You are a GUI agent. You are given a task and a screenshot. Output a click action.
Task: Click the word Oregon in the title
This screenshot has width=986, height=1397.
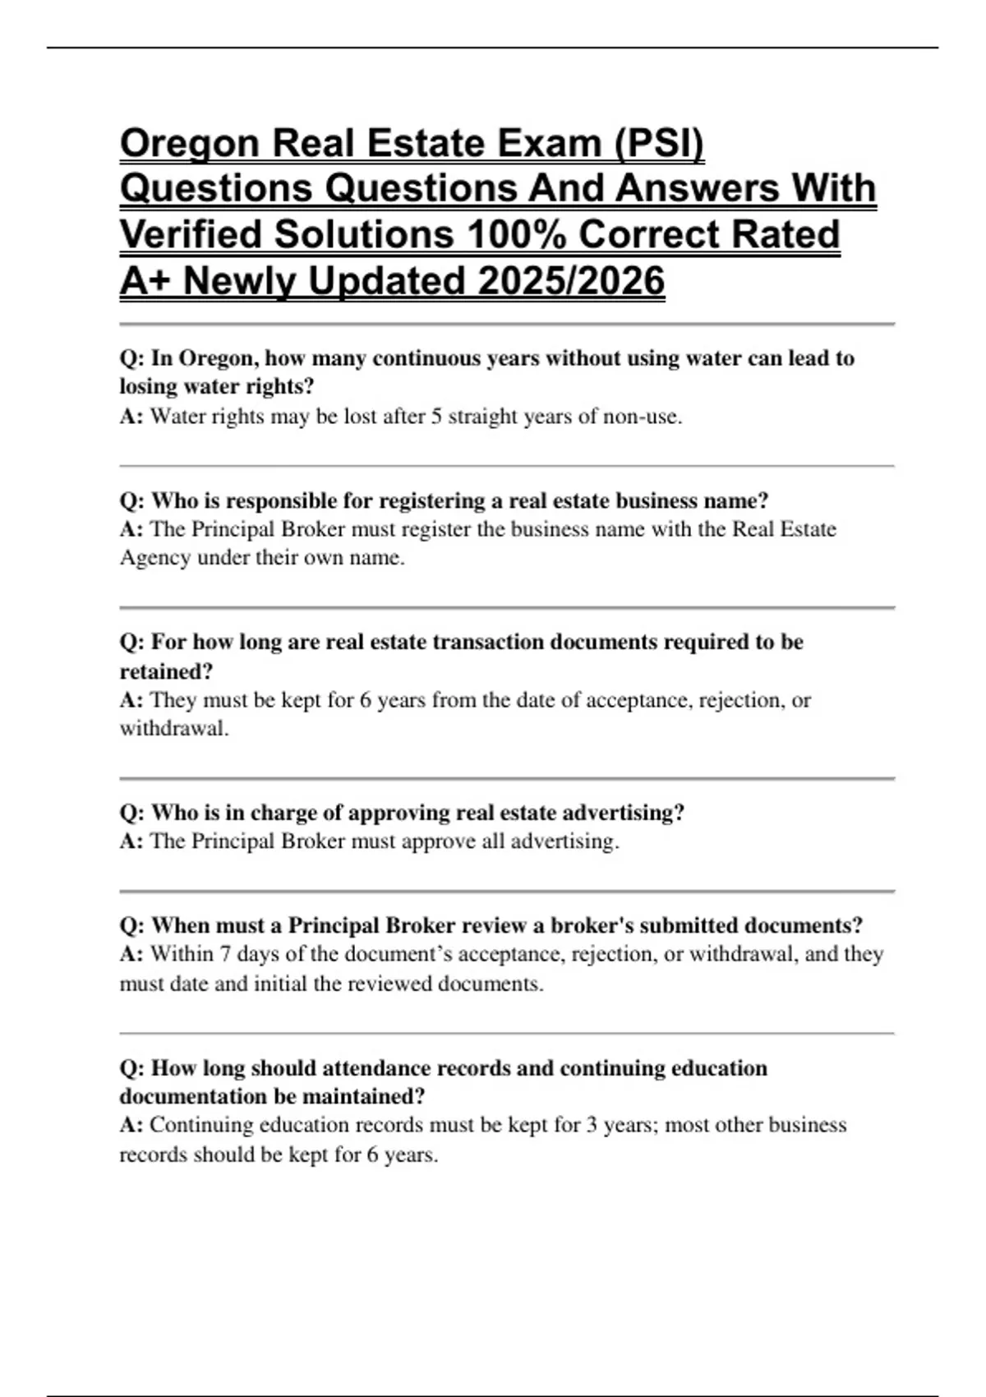pyautogui.click(x=188, y=145)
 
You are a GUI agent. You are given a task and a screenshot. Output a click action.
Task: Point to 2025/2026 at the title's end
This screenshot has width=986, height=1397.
pyautogui.click(x=570, y=281)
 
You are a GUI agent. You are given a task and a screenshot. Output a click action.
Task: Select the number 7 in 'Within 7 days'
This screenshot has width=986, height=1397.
pyautogui.click(x=225, y=954)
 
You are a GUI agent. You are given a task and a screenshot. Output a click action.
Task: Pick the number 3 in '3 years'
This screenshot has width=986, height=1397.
pyautogui.click(x=592, y=1125)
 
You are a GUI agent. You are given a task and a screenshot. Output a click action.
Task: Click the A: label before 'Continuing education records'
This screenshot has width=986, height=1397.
pyautogui.click(x=131, y=1125)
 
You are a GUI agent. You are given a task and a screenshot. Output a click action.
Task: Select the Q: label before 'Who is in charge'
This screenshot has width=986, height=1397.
pyautogui.click(x=132, y=813)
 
